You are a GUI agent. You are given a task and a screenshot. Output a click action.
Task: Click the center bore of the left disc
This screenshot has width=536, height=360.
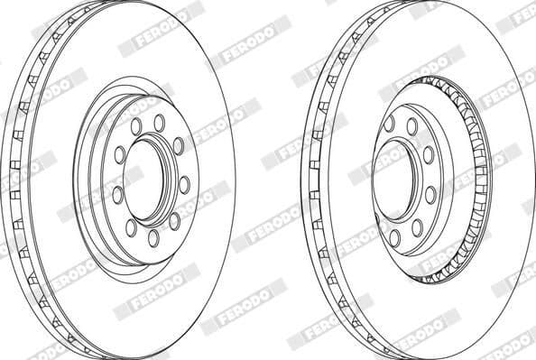click(x=143, y=180)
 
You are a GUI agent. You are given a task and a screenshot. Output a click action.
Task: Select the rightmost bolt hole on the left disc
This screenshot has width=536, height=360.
click(x=184, y=185)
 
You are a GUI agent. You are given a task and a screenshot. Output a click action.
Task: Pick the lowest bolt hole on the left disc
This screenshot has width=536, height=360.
click(x=153, y=238)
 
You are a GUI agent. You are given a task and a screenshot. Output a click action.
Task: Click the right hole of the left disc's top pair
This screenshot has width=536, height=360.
click(x=160, y=123)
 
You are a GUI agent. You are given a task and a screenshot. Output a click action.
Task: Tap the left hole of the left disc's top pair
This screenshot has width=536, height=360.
click(x=136, y=126)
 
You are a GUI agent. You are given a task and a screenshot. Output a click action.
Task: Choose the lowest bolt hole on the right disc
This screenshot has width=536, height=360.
click(x=394, y=238)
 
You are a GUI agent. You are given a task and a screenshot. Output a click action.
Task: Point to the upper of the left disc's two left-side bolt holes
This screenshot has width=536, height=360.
click(x=120, y=155)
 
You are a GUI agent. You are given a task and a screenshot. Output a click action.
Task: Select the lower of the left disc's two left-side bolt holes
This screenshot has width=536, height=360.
click(x=117, y=195)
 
